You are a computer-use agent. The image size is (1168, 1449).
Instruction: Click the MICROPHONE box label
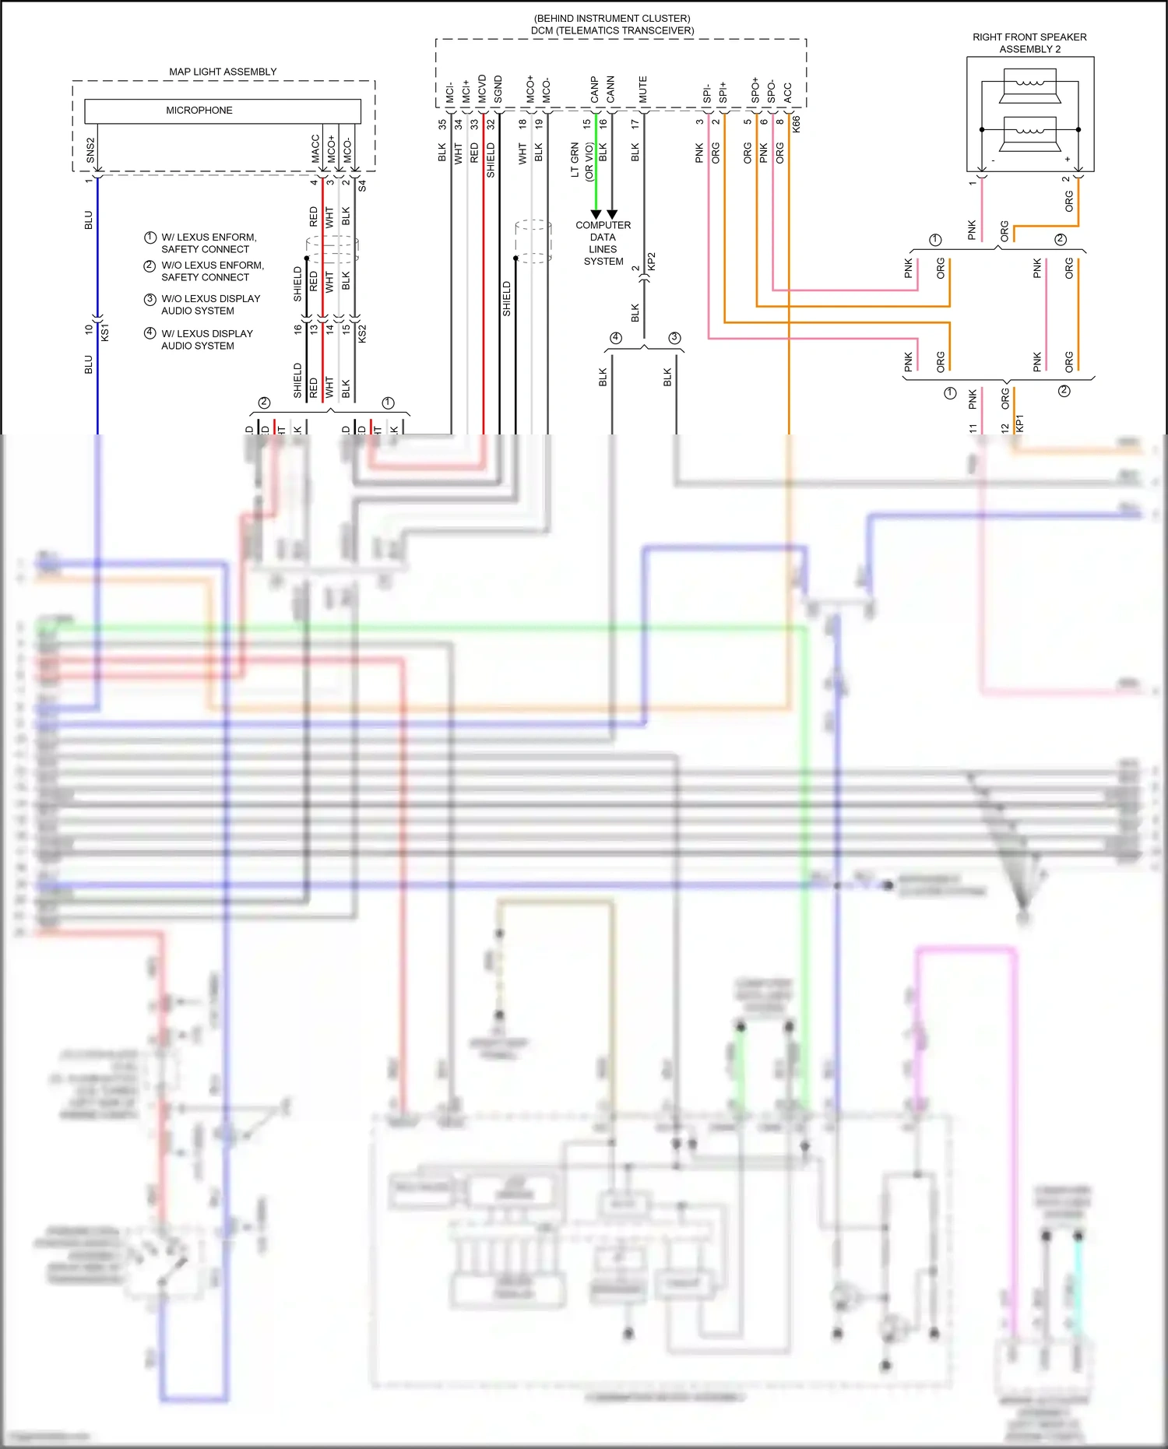click(199, 111)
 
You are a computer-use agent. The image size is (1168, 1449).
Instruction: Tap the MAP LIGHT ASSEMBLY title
click(223, 72)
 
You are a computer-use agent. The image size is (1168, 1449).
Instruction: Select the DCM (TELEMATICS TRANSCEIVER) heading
click(612, 30)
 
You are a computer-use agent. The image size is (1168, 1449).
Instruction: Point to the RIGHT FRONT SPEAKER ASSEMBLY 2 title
click(1029, 43)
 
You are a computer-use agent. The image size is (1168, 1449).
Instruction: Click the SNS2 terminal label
click(90, 151)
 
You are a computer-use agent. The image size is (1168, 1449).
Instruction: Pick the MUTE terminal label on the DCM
click(643, 90)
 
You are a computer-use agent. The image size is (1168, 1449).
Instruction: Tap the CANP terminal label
click(595, 90)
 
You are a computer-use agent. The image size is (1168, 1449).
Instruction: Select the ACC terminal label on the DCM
click(788, 93)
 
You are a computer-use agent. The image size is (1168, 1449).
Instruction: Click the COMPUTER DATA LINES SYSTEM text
click(603, 243)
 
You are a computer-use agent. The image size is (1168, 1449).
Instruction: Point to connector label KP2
click(652, 262)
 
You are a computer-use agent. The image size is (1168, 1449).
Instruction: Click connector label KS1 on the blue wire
click(105, 332)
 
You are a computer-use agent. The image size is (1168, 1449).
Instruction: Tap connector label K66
click(796, 124)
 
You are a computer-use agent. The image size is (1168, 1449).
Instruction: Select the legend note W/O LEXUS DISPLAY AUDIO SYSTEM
click(210, 304)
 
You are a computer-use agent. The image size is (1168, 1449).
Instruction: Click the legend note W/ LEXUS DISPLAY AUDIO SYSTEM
click(206, 339)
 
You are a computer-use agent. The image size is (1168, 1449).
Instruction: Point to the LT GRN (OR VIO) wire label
click(582, 160)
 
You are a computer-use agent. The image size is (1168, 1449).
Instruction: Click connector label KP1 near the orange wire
click(1019, 424)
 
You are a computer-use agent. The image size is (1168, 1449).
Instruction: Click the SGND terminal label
click(498, 90)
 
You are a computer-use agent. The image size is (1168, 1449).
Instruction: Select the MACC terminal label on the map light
click(315, 149)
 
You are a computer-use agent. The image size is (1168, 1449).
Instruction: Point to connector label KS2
click(362, 333)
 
